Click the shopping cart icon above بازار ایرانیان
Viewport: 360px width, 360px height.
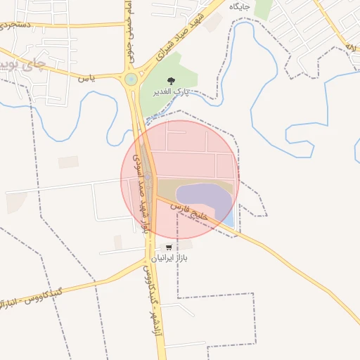169,247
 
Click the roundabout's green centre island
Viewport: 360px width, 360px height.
131,79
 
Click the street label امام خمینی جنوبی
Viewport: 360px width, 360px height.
130,32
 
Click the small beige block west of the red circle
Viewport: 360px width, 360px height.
68,162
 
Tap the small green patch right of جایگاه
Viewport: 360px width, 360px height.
263,8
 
